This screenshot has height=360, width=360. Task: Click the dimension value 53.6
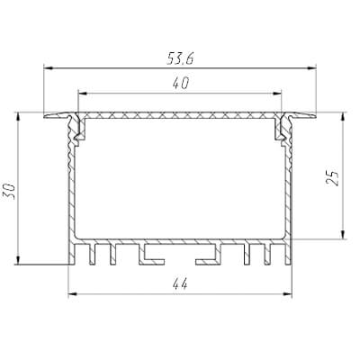point(180,59)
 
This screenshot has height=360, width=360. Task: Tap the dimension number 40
point(181,84)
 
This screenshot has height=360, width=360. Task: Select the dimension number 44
point(180,284)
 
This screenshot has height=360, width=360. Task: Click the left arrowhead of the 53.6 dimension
point(49,68)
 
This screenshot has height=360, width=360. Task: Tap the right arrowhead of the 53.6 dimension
point(311,68)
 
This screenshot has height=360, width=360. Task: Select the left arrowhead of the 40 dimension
point(83,94)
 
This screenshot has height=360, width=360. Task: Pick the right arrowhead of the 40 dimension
point(276,94)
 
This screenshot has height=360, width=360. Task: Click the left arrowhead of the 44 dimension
point(74,294)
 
